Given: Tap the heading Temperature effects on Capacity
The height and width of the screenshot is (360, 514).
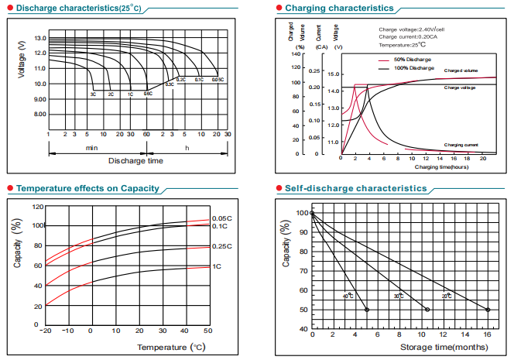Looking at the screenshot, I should pos(87,188).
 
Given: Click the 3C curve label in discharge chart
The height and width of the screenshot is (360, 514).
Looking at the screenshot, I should pos(93,94).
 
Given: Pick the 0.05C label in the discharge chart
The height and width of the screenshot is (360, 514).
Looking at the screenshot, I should pos(218,80).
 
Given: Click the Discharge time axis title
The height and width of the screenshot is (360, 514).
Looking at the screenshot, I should pos(135,161).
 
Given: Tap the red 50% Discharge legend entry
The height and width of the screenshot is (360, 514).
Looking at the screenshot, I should pos(412,60).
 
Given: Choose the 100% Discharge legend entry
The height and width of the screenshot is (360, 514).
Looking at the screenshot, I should pos(413,68).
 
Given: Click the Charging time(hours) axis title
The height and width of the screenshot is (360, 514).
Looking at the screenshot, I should pos(441,166).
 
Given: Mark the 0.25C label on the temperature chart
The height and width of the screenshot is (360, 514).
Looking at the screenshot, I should pos(222,246).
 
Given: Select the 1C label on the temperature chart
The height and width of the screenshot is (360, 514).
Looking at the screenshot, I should pos(218,266).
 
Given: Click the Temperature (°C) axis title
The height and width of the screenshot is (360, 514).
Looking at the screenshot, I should pos(170,348).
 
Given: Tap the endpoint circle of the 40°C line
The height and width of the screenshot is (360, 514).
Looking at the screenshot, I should pos(367,310).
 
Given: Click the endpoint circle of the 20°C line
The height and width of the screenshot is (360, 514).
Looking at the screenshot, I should pos(488,310).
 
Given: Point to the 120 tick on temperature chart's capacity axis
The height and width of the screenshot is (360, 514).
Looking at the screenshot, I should pos(37,207).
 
